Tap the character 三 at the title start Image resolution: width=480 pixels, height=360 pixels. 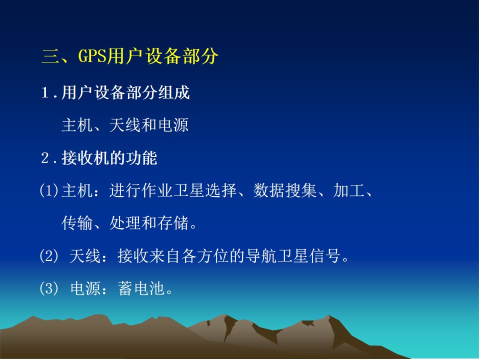[50, 56]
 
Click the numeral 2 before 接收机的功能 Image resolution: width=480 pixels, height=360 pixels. [44, 158]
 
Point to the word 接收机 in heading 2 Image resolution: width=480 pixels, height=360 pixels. [85, 158]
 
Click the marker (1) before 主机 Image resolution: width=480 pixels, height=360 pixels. [48, 190]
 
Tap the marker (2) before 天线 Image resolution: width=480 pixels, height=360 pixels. [48, 255]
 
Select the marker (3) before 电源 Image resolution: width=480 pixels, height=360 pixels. [48, 288]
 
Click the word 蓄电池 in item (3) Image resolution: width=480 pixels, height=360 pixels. [141, 288]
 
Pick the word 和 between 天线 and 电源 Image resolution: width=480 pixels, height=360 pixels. [149, 125]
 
